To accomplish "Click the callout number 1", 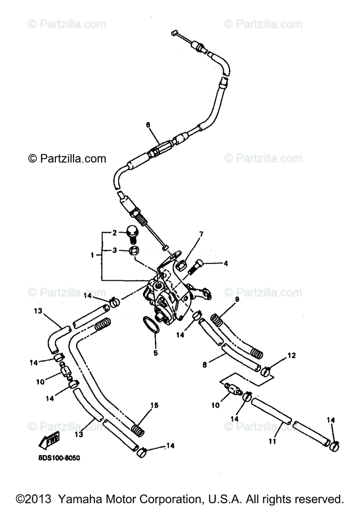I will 93,255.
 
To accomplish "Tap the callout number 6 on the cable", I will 148,125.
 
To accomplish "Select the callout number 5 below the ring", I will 155,352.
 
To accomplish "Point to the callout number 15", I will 155,405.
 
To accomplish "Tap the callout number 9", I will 237,299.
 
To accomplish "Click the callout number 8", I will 205,364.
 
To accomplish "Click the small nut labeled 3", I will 133,251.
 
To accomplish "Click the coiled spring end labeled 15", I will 137,430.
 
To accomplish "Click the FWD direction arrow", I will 49,441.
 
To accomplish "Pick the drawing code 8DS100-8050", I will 55,458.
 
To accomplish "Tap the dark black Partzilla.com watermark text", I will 67,159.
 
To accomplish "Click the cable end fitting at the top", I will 174,33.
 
